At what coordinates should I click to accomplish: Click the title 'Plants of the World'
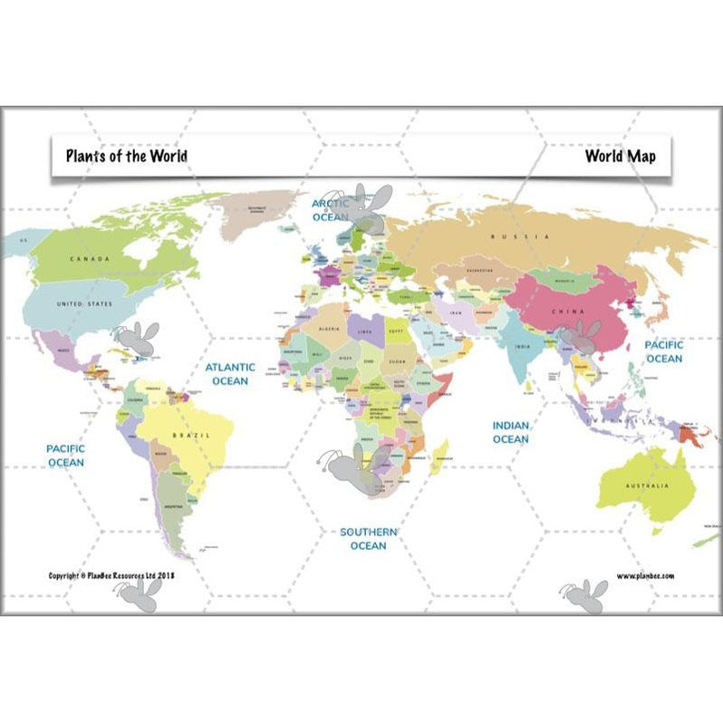126,156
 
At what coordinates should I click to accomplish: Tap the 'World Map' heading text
620,156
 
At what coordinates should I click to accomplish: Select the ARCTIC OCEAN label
331,211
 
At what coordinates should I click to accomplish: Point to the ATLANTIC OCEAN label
229,374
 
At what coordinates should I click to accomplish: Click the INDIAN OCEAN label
510,431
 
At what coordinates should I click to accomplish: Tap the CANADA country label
90,259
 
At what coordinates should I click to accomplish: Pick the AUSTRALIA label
646,486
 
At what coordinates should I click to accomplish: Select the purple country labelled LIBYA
366,331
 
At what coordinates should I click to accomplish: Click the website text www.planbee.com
645,575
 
